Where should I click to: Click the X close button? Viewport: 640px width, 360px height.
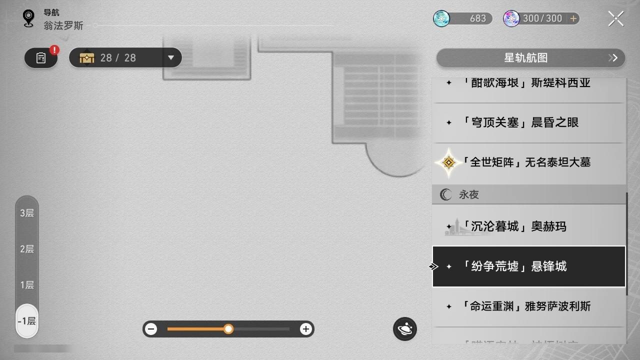(615, 19)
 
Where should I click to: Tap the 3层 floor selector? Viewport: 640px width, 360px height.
(27, 213)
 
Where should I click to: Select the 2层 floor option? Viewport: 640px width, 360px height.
(27, 249)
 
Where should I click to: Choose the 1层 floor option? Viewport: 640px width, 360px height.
(27, 285)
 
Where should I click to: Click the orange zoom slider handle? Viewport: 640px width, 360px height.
(228, 329)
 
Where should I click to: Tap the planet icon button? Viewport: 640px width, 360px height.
(405, 329)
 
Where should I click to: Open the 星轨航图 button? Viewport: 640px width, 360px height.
(530, 58)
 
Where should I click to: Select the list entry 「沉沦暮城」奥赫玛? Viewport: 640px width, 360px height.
(529, 226)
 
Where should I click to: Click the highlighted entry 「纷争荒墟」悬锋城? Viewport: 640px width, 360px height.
(529, 266)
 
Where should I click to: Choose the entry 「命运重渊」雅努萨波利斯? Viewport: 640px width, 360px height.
(529, 306)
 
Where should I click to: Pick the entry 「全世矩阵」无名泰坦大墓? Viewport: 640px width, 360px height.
(529, 162)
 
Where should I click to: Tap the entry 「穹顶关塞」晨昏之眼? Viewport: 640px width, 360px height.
(529, 122)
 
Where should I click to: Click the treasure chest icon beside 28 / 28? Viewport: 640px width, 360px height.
(87, 58)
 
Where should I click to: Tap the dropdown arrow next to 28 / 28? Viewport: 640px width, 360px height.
(171, 58)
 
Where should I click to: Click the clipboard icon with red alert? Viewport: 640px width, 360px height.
(41, 58)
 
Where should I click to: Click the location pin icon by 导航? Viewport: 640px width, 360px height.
(28, 19)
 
